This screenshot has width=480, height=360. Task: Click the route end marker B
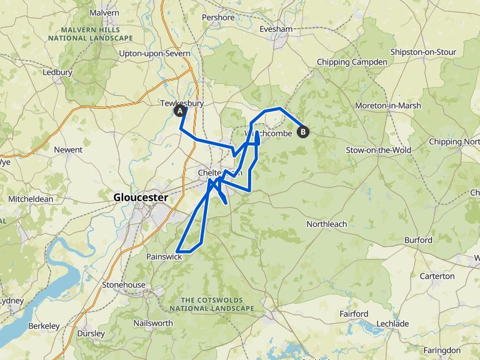pos(304,132)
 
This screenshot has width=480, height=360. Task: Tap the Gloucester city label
pos(141,197)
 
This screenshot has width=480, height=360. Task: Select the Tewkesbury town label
pos(182,104)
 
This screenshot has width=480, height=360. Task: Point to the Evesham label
pos(276,29)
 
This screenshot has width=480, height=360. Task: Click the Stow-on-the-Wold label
pos(378,150)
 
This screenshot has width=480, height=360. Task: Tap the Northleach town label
pos(326,224)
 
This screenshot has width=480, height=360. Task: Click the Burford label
pos(418,240)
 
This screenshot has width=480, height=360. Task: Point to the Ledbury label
pos(57,72)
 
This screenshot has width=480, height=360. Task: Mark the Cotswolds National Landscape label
pos(212,304)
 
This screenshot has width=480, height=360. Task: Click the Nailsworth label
pos(152,323)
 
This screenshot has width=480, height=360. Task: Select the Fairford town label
pos(353,313)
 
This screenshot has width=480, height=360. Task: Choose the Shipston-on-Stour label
pos(422,52)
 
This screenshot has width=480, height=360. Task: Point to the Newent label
pos(68,150)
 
